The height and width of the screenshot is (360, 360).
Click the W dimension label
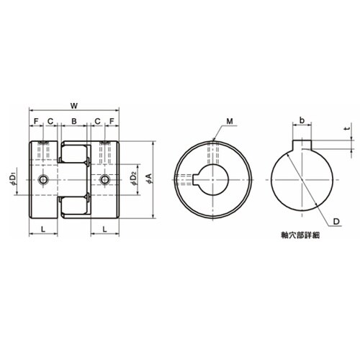[x=74, y=106]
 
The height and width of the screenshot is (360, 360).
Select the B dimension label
[x=74, y=121]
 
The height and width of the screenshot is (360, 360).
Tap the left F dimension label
[x=36, y=121]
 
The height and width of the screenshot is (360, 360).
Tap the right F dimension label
[x=112, y=121]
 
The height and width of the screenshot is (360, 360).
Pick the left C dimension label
[x=50, y=121]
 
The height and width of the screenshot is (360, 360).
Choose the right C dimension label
[x=97, y=121]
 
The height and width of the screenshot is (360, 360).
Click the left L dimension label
[x=43, y=229]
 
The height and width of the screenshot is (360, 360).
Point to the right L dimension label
[x=104, y=229]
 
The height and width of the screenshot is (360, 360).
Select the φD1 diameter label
[x=13, y=179]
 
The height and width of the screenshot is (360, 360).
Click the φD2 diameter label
[x=134, y=179]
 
